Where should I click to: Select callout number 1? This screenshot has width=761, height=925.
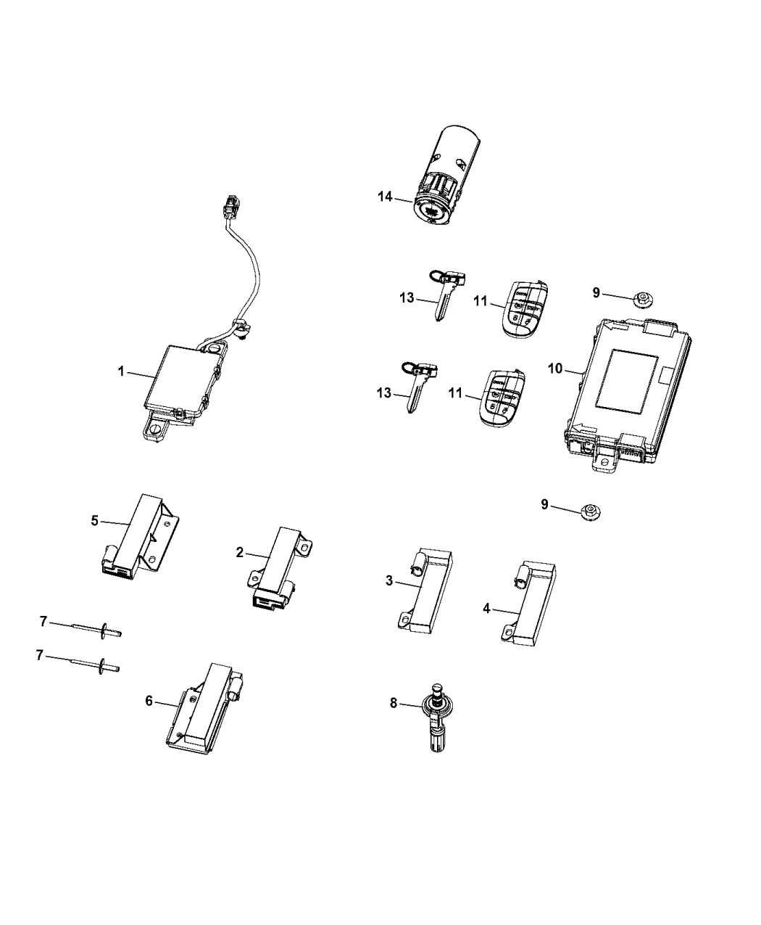click(x=122, y=371)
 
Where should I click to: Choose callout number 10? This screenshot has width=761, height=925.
click(x=555, y=369)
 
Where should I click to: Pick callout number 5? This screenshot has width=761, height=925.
click(x=94, y=519)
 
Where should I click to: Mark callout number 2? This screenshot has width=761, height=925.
click(x=240, y=552)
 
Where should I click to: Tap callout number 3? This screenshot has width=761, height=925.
click(x=389, y=580)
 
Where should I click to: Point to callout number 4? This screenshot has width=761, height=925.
click(x=487, y=609)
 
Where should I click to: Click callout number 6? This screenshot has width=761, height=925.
click(x=149, y=700)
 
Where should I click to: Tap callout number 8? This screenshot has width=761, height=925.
click(x=394, y=702)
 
